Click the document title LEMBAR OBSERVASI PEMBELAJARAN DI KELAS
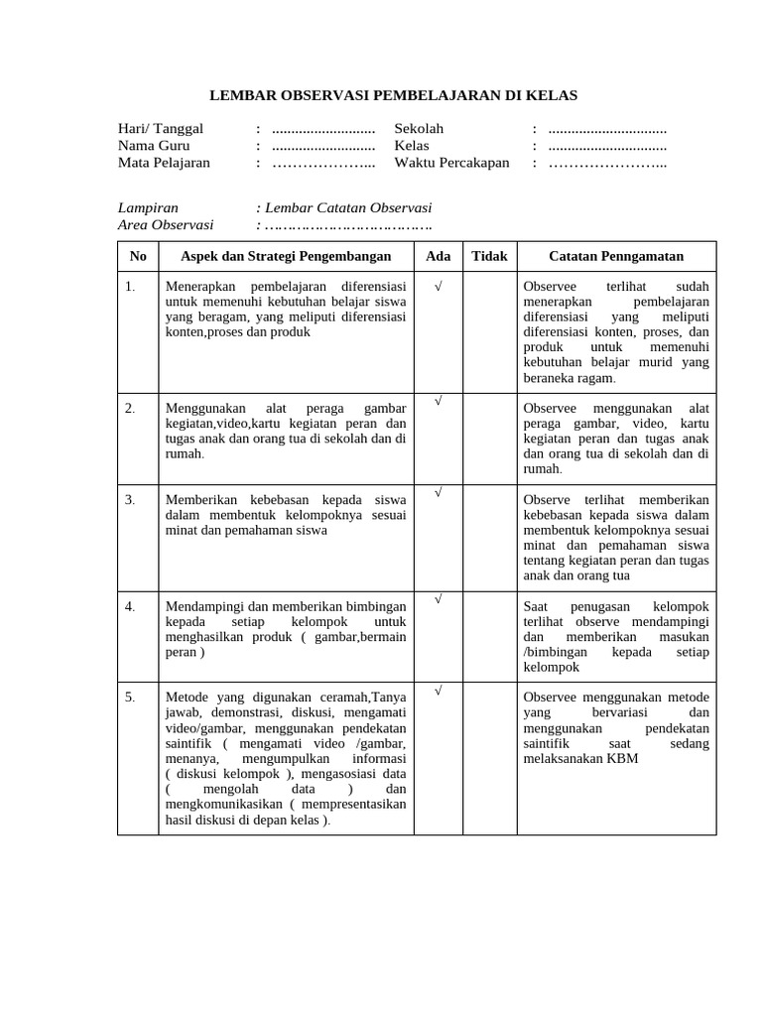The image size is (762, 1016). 393,95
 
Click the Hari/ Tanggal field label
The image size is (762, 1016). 161,129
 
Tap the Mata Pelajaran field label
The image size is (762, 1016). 165,163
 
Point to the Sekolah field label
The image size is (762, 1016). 419,129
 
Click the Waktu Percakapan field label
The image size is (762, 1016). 451,163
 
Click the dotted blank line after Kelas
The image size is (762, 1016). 606,146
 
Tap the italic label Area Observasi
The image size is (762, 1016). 166,224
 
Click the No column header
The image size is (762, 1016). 138,256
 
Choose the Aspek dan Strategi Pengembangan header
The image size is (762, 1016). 286,256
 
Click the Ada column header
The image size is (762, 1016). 438,256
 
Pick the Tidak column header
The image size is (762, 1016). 489,256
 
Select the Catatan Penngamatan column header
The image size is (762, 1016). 616,256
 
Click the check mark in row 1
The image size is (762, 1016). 438,286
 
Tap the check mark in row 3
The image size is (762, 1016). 438,492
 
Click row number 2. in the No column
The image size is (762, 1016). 130,408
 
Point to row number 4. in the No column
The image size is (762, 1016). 130,605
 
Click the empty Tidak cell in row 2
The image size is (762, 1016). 489,437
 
